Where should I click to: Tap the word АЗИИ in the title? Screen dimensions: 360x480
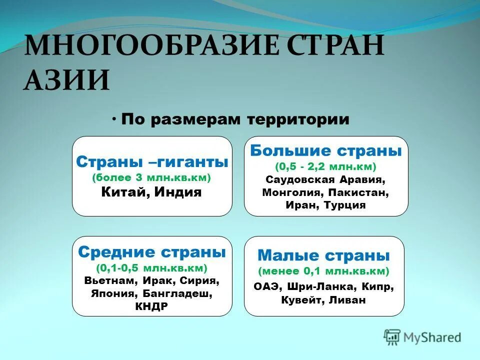point(66,80)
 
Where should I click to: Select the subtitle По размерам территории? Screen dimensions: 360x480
point(234,119)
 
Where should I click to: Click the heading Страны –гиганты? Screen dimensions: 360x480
point(152,162)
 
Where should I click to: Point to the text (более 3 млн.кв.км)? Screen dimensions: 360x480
point(152,177)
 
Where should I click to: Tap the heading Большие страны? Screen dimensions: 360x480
point(326,150)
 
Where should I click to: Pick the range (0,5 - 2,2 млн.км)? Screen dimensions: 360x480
point(326,166)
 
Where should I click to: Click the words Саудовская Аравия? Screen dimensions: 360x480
point(326,179)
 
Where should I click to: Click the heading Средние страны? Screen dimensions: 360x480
point(152,252)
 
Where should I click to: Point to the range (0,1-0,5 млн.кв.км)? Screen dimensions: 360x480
point(152,267)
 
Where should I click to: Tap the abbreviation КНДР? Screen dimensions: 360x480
point(152,306)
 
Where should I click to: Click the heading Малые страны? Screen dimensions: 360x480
point(323,255)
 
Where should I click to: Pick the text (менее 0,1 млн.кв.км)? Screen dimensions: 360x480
point(323,271)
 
